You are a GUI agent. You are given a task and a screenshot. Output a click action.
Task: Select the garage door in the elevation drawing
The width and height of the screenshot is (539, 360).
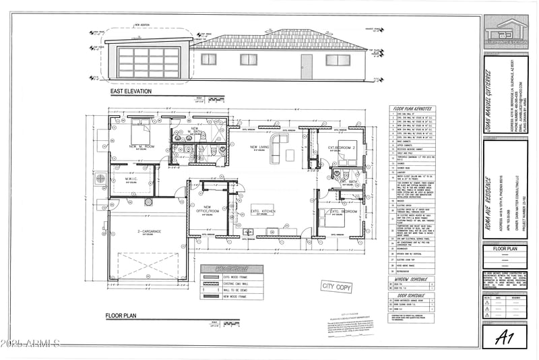click(149, 63)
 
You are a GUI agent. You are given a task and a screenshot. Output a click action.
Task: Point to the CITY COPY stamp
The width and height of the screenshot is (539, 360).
click(336, 287)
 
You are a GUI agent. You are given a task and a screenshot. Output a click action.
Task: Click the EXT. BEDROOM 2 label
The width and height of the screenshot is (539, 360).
click(342, 147)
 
